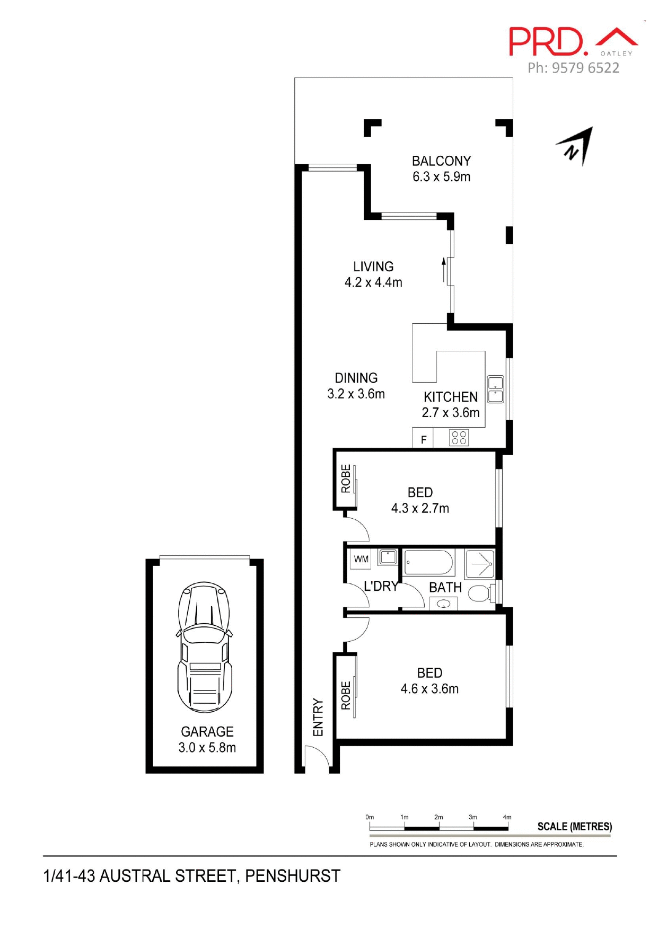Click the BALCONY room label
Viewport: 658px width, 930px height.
(441, 161)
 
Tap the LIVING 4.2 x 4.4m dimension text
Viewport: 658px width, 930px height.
(373, 282)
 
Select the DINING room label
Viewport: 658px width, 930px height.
(356, 378)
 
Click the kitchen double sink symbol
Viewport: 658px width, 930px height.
(495, 389)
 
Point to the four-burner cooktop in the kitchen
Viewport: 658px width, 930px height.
(459, 438)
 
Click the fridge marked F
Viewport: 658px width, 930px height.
(423, 439)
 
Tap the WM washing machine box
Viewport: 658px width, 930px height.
(361, 559)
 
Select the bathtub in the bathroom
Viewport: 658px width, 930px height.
(428, 562)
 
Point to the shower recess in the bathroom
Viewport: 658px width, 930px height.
(480, 564)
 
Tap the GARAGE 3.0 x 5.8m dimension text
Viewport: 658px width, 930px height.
(207, 748)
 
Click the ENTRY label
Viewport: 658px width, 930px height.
(318, 717)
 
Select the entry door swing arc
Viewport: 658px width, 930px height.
(317, 755)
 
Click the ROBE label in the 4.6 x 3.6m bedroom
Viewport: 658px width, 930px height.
(346, 695)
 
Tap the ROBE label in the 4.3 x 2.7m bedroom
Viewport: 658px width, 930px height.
(346, 479)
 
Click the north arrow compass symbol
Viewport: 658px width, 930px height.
(577, 146)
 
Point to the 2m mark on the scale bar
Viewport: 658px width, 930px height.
(438, 817)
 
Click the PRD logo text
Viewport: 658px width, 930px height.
(546, 42)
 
